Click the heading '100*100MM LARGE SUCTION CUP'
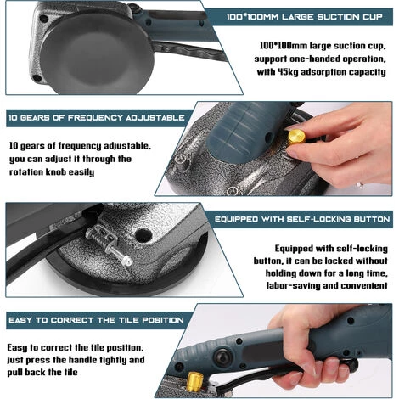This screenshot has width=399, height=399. tap(305, 17)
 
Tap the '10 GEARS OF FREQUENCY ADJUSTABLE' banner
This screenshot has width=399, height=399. tap(97, 118)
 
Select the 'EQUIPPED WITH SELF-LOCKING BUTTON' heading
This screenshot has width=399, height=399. tap(302, 219)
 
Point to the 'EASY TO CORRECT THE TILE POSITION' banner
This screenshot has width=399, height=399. tap(96, 320)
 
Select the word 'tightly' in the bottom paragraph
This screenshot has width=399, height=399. tap(113, 360)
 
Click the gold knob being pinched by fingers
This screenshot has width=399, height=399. tap(296, 138)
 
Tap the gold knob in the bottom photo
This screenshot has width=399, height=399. tap(195, 382)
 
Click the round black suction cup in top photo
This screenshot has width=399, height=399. tap(97, 53)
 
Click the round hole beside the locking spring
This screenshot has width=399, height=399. tap(143, 235)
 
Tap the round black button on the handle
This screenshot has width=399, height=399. tap(223, 357)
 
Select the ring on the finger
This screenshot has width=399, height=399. tap(360, 185)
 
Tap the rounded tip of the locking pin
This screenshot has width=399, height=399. tap(128, 261)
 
